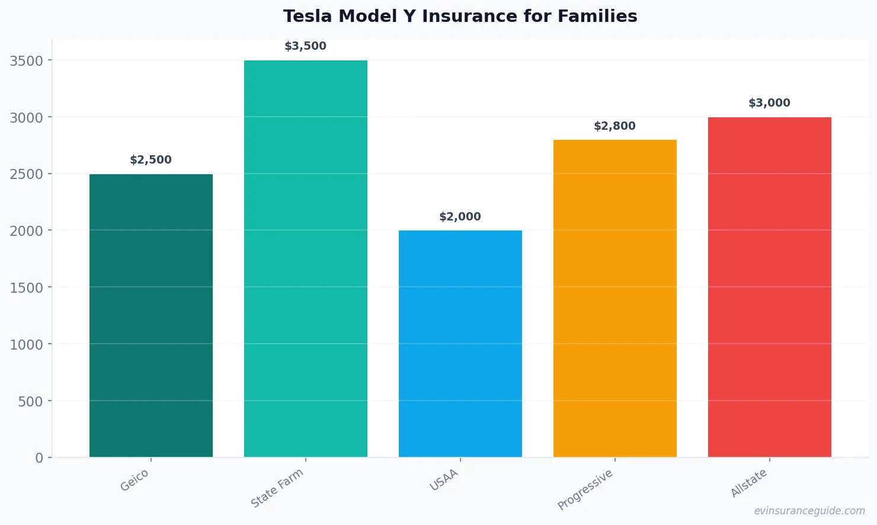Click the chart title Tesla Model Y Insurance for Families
pos(460,17)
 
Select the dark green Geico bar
pos(151,315)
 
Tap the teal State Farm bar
pos(306,258)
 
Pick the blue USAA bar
pos(460,344)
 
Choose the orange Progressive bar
pos(615,298)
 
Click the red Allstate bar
pos(770,287)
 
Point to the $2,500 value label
pos(151,160)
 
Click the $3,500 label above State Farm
pos(306,46)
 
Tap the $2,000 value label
pos(460,217)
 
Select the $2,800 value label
pos(615,126)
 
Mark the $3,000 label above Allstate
pos(770,103)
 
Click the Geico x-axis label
pos(135,481)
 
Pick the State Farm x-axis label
pos(277,488)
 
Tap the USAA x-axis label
pos(444,481)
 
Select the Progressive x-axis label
pos(585,489)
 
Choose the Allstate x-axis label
pos(749,483)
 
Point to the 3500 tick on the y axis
pos(27,61)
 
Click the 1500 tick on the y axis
pos(27,288)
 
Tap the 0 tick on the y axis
pos(39,458)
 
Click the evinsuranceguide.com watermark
pos(809,511)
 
